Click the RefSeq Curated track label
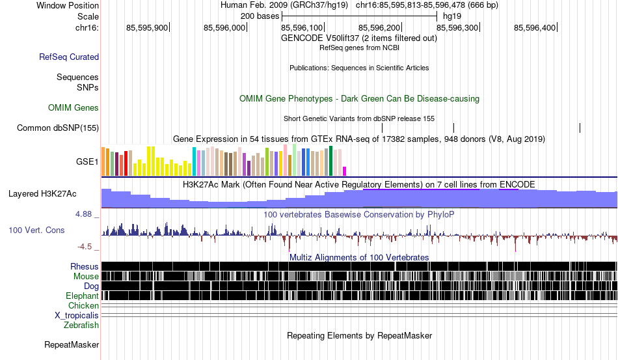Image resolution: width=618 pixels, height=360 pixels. pyautogui.click(x=69, y=57)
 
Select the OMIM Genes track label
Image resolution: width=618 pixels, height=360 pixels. pyautogui.click(x=74, y=107)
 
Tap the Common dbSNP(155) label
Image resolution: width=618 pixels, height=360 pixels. pyautogui.click(x=58, y=128)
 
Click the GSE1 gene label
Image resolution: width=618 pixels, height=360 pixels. pyautogui.click(x=87, y=161)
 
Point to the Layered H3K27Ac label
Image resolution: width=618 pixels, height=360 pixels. pyautogui.click(x=42, y=193)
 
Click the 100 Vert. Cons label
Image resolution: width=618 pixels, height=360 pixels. pyautogui.click(x=36, y=230)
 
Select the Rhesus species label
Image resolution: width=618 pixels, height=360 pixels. pyautogui.click(x=85, y=266)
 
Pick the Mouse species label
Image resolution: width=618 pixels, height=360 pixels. pyautogui.click(x=86, y=277)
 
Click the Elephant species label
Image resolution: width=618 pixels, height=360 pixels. pyautogui.click(x=82, y=296)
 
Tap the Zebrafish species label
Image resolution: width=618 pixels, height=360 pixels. pyautogui.click(x=81, y=325)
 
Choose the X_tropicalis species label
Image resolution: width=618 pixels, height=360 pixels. pyautogui.click(x=77, y=316)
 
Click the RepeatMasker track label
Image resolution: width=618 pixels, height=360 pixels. pyautogui.click(x=72, y=344)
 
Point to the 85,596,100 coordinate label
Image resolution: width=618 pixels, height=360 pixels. pyautogui.click(x=301, y=27)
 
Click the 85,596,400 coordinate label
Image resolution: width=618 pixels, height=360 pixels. pyautogui.click(x=535, y=27)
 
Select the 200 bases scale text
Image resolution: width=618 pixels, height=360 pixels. pyautogui.click(x=260, y=16)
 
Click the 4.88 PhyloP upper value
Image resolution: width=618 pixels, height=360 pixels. pyautogui.click(x=83, y=214)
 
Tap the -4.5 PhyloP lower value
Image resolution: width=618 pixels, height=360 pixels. pyautogui.click(x=85, y=247)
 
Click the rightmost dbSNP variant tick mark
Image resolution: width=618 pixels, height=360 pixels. pyautogui.click(x=580, y=128)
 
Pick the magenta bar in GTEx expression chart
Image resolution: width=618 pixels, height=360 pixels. pyautogui.click(x=345, y=171)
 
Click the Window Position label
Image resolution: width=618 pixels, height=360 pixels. pyautogui.click(x=68, y=5)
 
